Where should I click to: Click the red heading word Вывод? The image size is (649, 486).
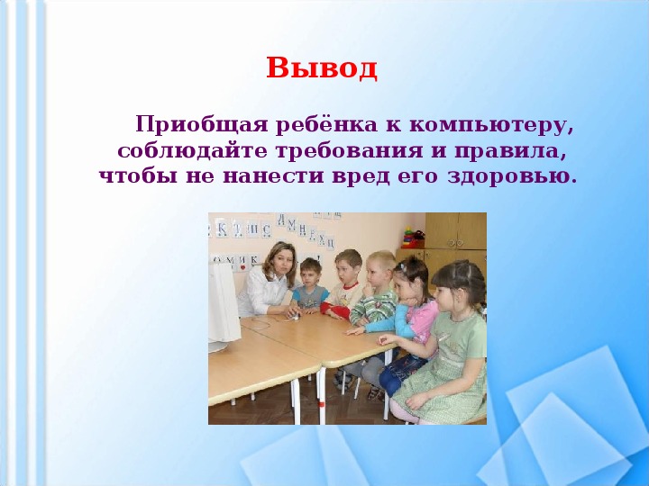322,67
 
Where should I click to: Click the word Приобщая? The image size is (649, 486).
202,125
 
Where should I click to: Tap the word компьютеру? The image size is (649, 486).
491,126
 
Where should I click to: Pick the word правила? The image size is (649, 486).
510,151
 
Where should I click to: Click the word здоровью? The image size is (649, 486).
512,177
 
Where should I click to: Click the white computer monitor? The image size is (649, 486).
223,308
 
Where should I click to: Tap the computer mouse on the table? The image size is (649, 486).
294,316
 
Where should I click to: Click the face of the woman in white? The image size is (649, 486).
279,265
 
